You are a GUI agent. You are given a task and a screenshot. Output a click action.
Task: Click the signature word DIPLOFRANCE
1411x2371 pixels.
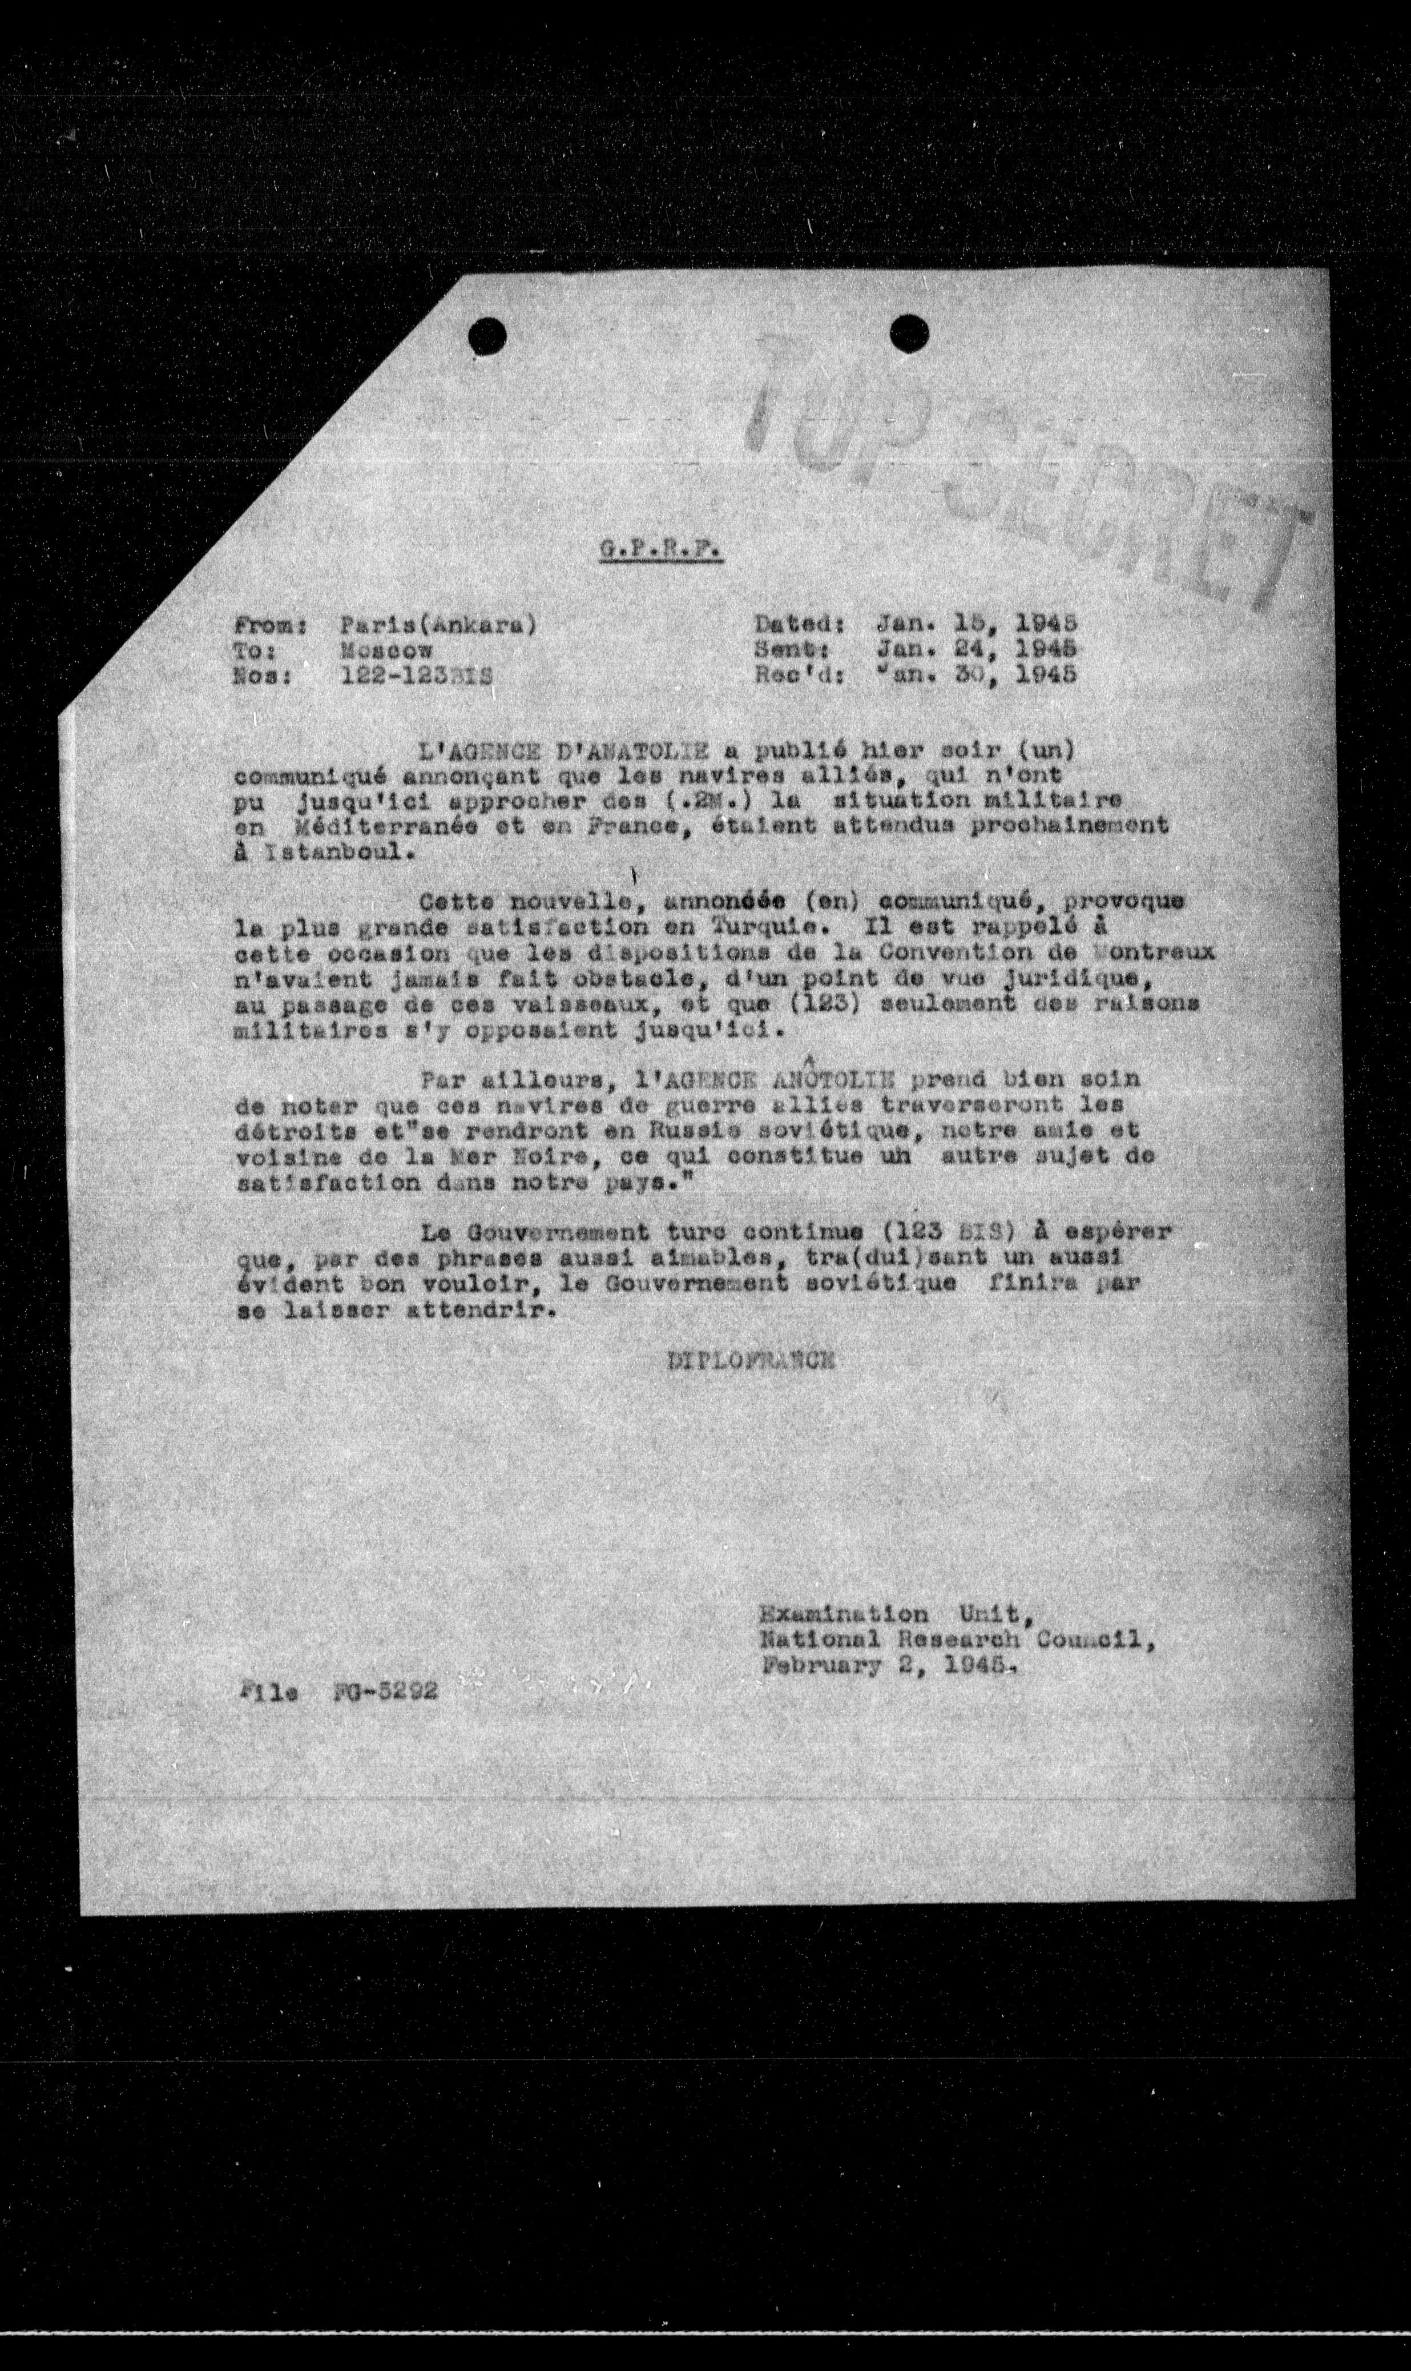tap(751, 1361)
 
